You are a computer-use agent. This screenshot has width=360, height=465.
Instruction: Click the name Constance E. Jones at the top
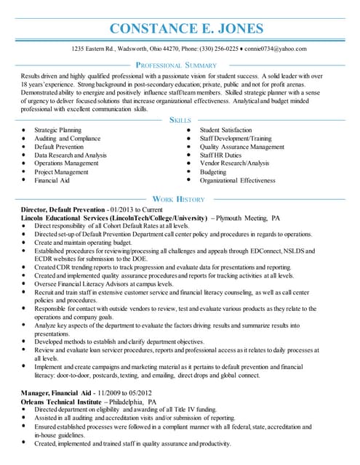click(x=185, y=29)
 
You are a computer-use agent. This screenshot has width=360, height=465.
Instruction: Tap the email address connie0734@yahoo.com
click(x=276, y=49)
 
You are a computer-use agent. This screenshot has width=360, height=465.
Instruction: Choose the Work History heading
click(x=179, y=198)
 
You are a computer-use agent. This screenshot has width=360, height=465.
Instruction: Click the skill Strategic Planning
click(x=57, y=129)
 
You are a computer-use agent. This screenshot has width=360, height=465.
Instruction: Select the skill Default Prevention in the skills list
click(x=59, y=146)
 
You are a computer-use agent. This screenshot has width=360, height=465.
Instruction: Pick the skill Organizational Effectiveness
click(x=237, y=180)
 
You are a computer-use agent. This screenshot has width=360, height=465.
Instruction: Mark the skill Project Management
click(x=60, y=172)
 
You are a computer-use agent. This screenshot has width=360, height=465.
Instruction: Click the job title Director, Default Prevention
click(x=63, y=209)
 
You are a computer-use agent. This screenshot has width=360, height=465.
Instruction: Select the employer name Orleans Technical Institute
click(x=62, y=401)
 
